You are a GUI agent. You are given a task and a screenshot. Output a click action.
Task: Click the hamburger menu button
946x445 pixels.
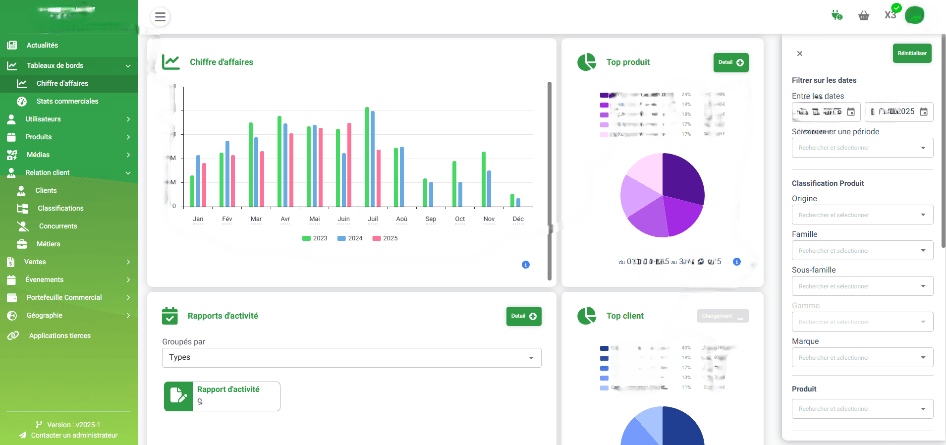(160, 17)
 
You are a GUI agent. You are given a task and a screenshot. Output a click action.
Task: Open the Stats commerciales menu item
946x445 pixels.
(67, 101)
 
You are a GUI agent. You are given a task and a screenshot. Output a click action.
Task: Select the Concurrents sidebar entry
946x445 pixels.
(58, 226)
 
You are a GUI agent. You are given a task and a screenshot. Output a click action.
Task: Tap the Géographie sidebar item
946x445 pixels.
(45, 315)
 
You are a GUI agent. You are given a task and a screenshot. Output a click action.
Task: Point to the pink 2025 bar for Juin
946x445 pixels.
(349, 165)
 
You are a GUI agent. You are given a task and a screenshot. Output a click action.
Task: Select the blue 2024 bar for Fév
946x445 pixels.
(227, 173)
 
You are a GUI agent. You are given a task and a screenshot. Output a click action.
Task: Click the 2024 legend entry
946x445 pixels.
(350, 238)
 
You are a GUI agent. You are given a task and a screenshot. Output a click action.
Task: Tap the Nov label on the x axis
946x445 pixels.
(489, 219)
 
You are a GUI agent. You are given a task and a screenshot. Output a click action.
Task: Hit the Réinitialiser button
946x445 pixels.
(912, 54)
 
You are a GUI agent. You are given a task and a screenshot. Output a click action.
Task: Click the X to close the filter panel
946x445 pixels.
(799, 54)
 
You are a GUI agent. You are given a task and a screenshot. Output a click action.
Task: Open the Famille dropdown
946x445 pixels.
(862, 251)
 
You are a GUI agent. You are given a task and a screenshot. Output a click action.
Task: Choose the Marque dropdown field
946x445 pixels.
(862, 358)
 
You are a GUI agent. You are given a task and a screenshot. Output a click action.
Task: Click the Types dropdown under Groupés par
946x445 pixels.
(351, 358)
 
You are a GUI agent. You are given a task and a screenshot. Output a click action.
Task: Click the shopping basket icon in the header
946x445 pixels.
(864, 16)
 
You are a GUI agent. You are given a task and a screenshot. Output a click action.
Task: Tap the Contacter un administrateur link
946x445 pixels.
(74, 435)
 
